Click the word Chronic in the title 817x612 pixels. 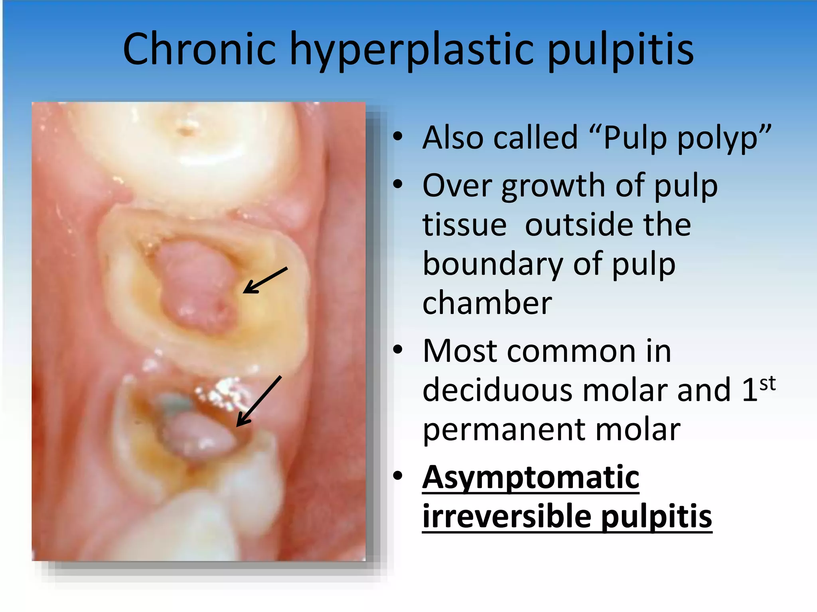point(199,49)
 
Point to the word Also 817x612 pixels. point(454,137)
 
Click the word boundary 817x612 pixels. point(492,264)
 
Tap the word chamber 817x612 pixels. point(487,303)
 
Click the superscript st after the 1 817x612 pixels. point(768,384)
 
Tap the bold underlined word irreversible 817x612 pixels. point(507,516)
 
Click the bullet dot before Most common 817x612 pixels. point(398,350)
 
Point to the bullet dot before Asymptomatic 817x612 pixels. point(398,476)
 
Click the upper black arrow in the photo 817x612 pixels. point(265,280)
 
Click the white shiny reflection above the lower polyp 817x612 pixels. point(223,392)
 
